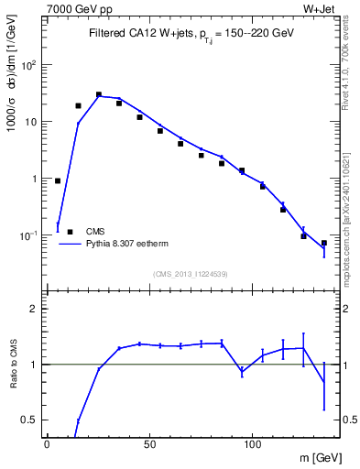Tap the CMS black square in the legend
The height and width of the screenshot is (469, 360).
pos(70,232)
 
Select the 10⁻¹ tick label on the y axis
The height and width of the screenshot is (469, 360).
pos(27,235)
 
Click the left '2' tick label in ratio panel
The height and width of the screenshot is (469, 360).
pos(34,310)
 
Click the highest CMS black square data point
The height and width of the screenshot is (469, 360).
pos(99,94)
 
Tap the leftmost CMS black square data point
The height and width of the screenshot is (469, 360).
pos(58,180)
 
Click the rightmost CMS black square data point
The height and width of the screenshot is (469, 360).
pos(324,243)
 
